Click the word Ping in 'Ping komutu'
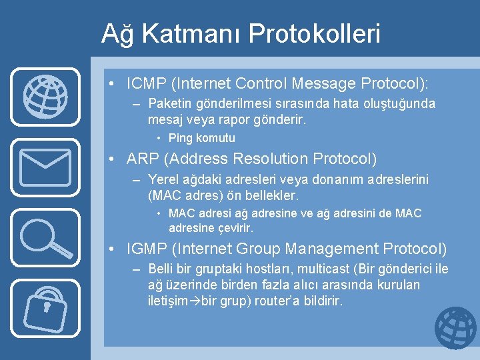[x=179, y=138]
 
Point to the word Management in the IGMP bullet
[x=331, y=249]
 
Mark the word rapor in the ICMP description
[x=236, y=120]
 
